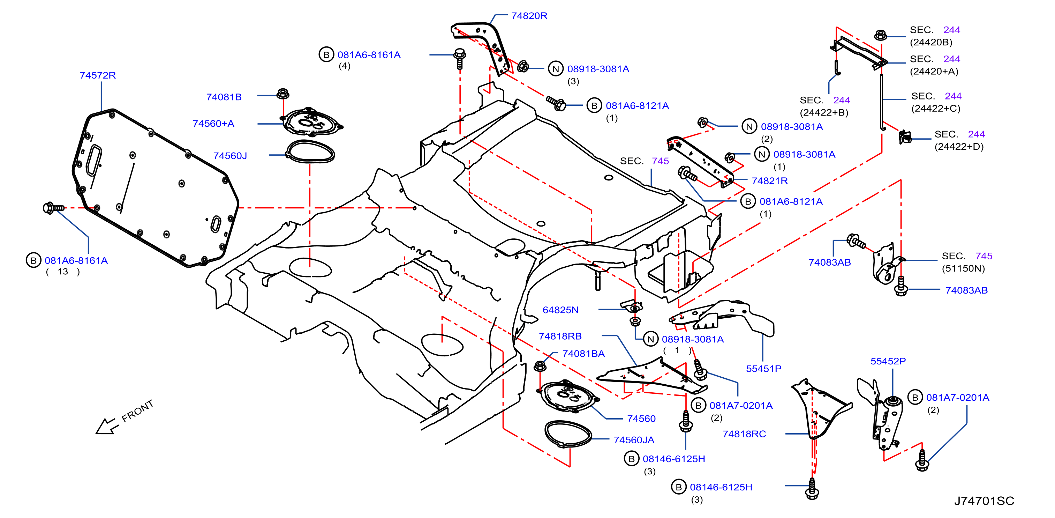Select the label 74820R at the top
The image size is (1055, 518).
click(529, 16)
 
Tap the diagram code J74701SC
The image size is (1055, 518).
click(984, 501)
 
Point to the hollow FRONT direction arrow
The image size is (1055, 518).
click(106, 426)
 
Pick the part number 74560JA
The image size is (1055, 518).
click(634, 440)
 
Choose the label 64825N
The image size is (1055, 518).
click(560, 310)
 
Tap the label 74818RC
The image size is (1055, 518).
click(744, 434)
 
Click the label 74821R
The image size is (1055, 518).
click(770, 181)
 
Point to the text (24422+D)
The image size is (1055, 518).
click(959, 146)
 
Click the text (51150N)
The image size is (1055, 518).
click(963, 268)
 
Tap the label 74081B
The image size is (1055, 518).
click(224, 97)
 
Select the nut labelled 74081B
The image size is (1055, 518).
click(282, 94)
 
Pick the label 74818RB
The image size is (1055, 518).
click(560, 336)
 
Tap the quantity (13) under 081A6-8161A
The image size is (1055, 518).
click(63, 272)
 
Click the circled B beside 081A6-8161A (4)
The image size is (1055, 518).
click(326, 54)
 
